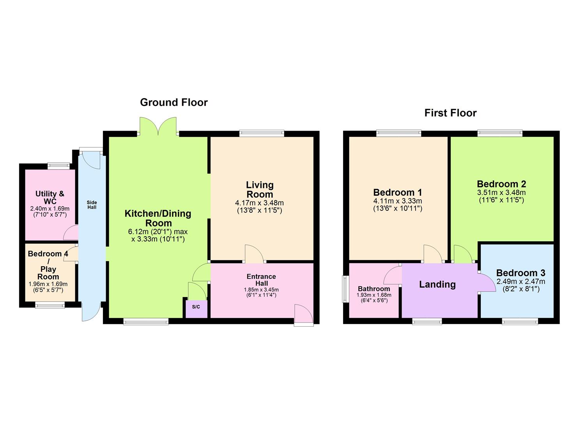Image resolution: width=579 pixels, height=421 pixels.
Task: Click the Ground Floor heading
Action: point(174,103)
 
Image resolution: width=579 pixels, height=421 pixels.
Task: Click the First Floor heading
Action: point(450,113)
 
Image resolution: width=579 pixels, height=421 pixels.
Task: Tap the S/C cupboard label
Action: point(196,307)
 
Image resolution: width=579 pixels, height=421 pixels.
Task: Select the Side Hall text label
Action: point(92,205)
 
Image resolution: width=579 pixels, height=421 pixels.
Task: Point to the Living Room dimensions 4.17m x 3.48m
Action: point(259,203)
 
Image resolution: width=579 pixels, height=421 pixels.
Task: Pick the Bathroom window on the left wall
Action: point(345,289)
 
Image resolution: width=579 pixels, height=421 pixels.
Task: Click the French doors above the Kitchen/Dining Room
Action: point(158,126)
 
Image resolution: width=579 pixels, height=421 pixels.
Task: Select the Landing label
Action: point(437,285)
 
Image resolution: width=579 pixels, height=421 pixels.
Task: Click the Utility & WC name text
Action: point(50,197)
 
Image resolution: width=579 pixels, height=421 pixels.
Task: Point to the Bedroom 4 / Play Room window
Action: point(50,305)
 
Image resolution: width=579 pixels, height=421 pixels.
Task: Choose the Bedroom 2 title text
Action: point(501,184)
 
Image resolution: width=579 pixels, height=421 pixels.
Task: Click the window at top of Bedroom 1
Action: point(398,133)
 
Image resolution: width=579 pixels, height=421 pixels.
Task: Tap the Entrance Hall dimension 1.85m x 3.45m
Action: point(261,290)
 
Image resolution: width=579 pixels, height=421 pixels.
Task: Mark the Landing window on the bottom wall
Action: point(427,321)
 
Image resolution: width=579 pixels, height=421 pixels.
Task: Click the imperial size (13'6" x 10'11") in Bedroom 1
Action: point(397,209)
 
